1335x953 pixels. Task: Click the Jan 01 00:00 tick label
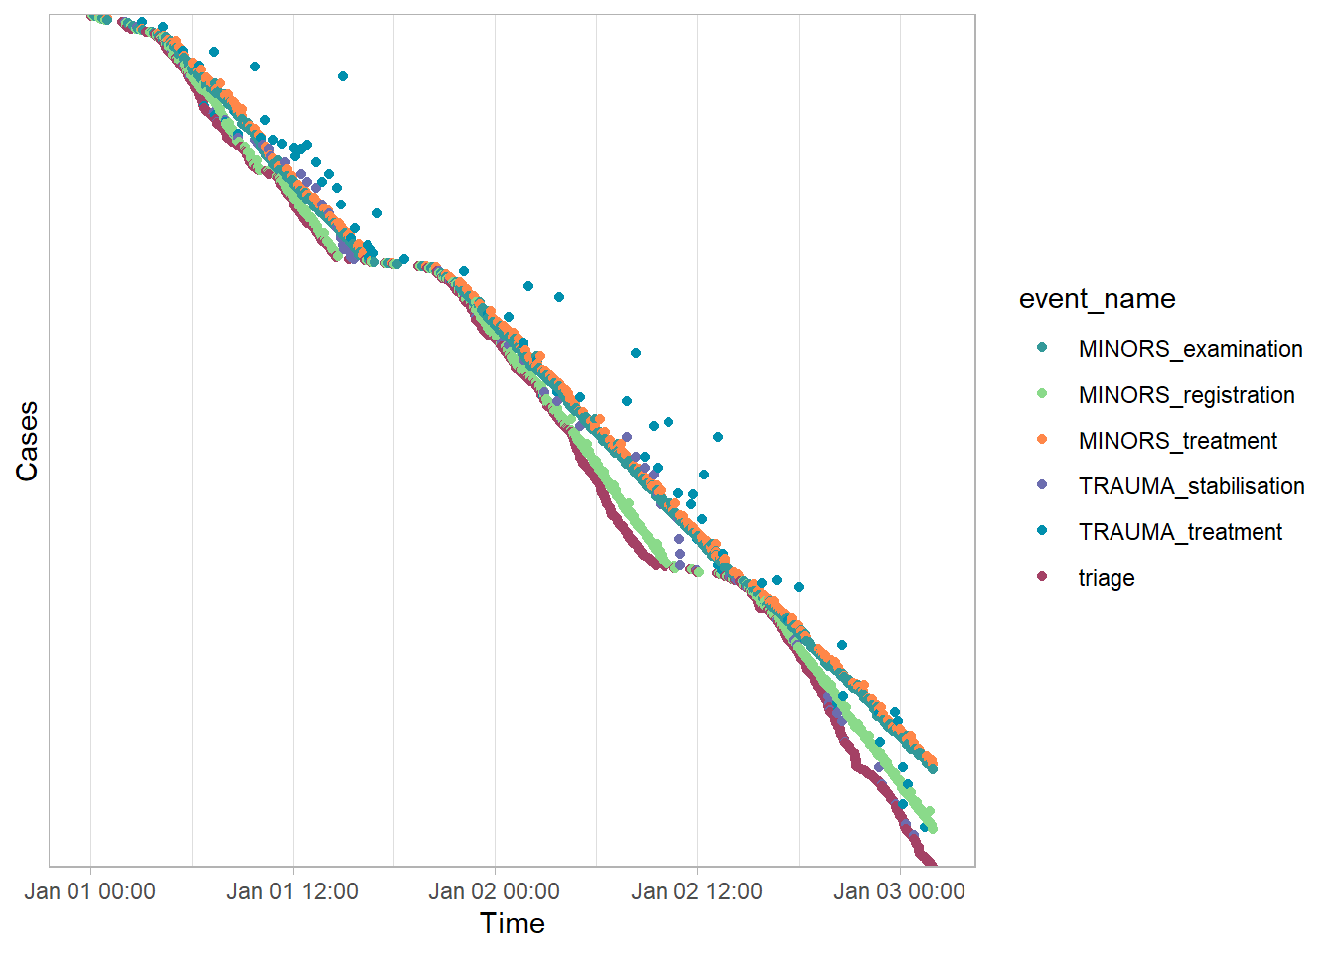(x=90, y=891)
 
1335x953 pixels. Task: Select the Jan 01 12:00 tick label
(x=292, y=891)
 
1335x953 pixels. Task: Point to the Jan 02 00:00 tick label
(x=495, y=891)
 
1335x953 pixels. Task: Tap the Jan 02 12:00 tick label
(x=696, y=891)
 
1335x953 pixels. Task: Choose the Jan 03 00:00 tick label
(x=899, y=891)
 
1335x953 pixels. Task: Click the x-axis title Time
(x=513, y=924)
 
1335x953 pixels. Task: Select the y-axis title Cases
(x=27, y=441)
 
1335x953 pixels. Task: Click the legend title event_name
(x=1097, y=299)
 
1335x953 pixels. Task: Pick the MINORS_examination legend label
(x=1190, y=349)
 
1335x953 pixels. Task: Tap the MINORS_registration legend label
(x=1186, y=395)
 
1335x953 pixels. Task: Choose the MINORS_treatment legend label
(x=1178, y=441)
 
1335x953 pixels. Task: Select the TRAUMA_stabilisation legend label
(x=1191, y=486)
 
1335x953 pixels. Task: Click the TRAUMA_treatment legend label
(x=1180, y=532)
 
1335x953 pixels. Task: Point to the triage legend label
(x=1107, y=578)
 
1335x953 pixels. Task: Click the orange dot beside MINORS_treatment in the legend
(x=1042, y=439)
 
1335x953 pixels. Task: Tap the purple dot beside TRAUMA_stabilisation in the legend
(x=1042, y=484)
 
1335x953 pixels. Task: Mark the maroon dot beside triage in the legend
(x=1042, y=576)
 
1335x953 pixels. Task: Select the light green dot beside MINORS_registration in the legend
(x=1042, y=393)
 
